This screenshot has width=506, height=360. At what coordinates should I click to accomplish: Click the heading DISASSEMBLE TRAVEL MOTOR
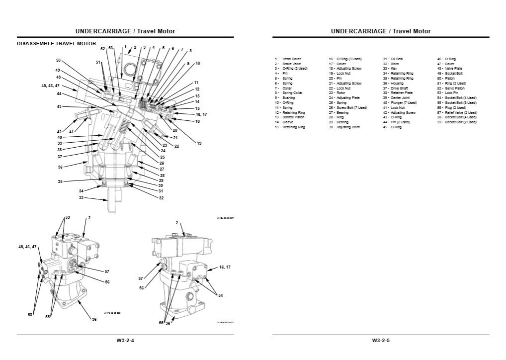[57, 44]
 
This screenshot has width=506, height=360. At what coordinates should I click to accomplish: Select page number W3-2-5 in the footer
[381, 341]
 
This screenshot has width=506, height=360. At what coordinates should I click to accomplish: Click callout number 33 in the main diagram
[82, 197]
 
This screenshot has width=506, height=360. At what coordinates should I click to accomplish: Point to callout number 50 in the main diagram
[58, 60]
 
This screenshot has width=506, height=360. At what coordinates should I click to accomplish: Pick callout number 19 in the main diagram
[199, 143]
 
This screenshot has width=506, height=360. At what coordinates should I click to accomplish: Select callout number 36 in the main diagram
[61, 167]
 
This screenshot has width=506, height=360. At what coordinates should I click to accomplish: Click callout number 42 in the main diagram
[59, 132]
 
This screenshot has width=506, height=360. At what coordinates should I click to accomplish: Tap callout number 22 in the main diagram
[176, 146]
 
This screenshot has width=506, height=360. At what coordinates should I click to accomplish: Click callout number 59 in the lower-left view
[68, 218]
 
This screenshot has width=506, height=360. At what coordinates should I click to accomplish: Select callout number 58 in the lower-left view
[31, 314]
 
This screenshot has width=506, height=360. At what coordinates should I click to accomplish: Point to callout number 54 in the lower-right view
[220, 295]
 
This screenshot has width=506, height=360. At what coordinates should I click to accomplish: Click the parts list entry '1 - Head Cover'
[288, 59]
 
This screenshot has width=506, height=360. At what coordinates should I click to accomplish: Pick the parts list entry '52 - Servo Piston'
[451, 88]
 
